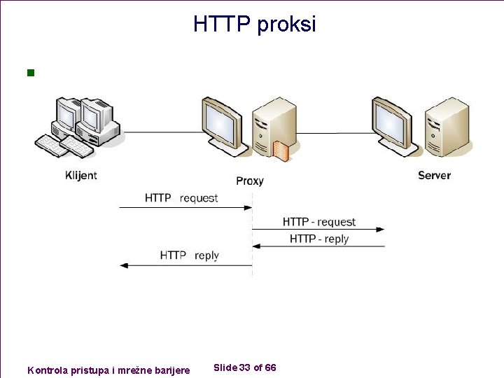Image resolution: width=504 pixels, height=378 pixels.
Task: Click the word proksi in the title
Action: (x=286, y=25)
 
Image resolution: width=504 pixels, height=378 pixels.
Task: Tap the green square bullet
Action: (x=29, y=72)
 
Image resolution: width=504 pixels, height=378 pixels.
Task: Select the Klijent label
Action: (x=81, y=175)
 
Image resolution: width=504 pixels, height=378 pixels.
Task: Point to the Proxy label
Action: (x=249, y=181)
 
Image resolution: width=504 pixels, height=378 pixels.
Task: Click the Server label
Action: (x=434, y=175)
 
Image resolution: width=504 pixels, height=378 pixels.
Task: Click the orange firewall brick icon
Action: (x=281, y=151)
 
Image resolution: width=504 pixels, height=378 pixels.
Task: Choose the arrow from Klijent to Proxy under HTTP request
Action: (x=185, y=207)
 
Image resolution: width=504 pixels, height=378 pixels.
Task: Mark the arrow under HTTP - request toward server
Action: (x=318, y=229)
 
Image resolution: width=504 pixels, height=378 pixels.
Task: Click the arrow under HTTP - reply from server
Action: (x=318, y=246)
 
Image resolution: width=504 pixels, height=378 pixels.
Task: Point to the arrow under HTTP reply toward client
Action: (x=185, y=265)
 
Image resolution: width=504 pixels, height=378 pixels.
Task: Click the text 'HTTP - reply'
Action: (x=319, y=239)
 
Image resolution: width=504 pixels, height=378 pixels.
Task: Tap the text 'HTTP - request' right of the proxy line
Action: (x=319, y=222)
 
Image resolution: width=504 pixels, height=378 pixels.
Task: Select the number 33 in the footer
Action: (x=245, y=367)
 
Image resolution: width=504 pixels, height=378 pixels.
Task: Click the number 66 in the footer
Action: (x=270, y=367)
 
